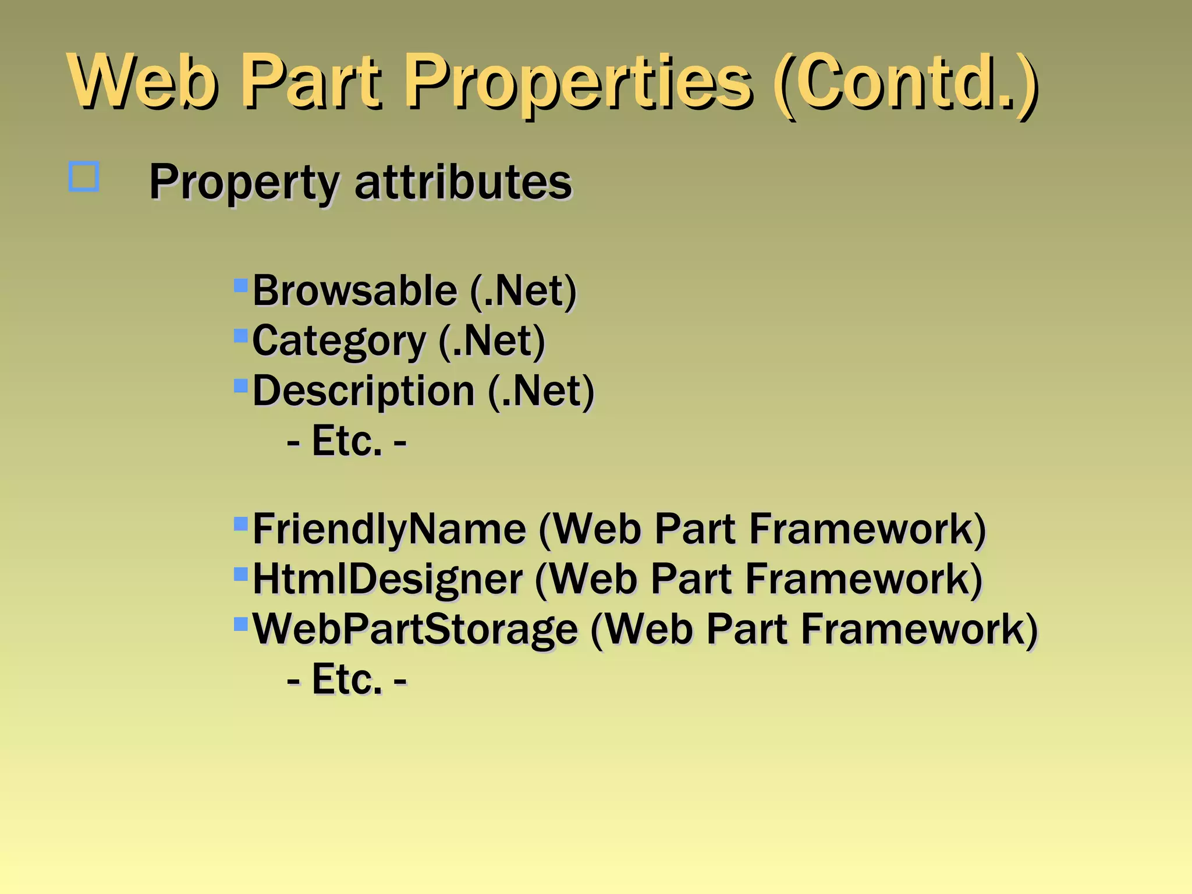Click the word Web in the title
(143, 81)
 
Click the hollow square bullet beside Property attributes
(84, 176)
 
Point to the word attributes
(463, 182)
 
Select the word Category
(339, 341)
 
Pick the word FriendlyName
(389, 529)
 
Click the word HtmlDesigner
(387, 579)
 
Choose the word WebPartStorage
(415, 629)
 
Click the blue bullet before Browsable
(240, 285)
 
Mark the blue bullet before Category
(240, 335)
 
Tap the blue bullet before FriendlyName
(240, 524)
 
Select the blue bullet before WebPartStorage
(240, 624)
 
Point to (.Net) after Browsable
(523, 290)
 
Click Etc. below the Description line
(347, 441)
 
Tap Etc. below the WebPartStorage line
(347, 679)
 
